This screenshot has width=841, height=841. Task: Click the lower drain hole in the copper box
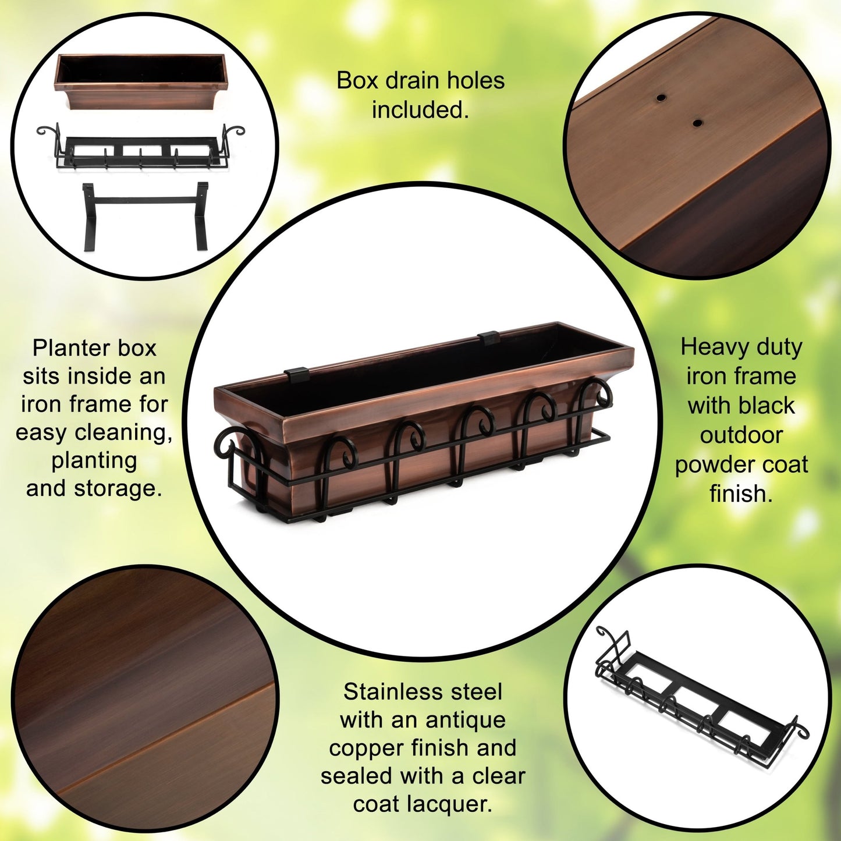[697, 123]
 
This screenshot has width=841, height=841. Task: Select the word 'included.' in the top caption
[420, 109]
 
